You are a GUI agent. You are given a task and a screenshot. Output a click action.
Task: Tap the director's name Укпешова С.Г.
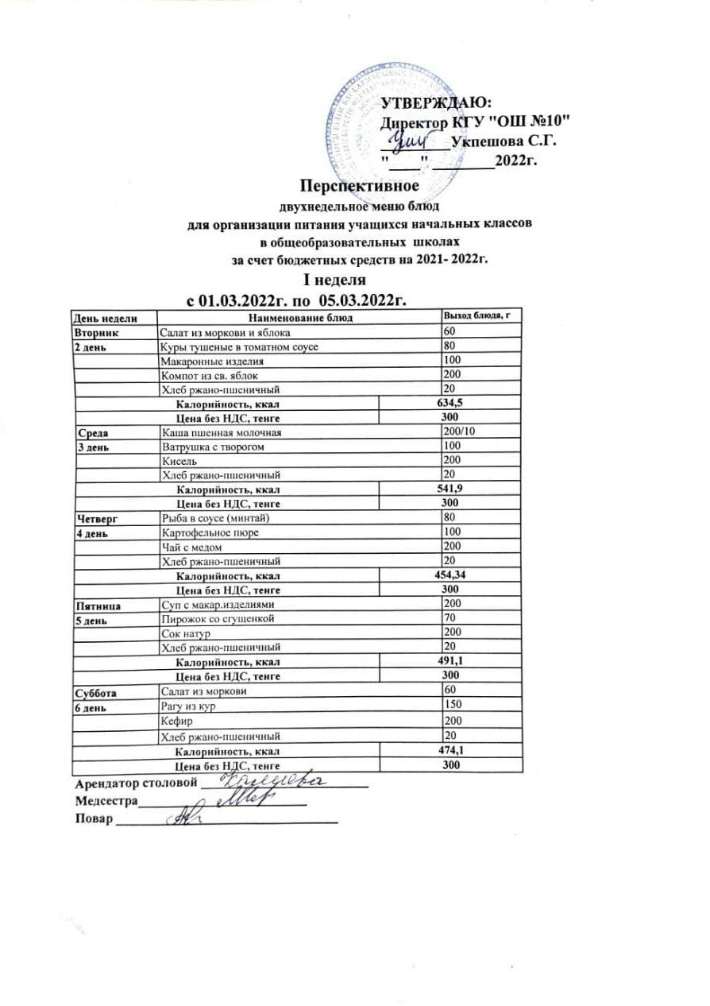(502, 141)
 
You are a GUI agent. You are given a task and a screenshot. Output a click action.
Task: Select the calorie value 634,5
(450, 404)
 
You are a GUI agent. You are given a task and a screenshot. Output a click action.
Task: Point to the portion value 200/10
(458, 432)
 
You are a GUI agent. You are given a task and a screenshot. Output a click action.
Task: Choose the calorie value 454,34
(453, 575)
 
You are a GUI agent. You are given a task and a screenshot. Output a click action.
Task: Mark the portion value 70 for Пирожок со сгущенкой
(450, 618)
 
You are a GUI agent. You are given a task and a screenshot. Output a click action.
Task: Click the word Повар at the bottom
(94, 819)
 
